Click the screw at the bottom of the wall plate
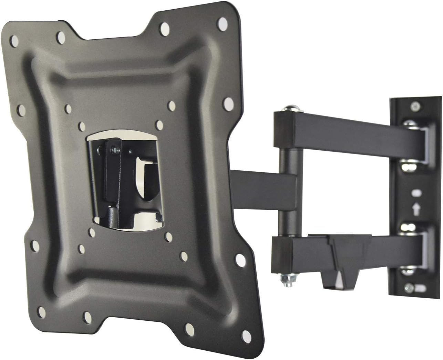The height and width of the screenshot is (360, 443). coord(410,286)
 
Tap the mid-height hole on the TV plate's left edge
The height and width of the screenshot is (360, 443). coord(22,110)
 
